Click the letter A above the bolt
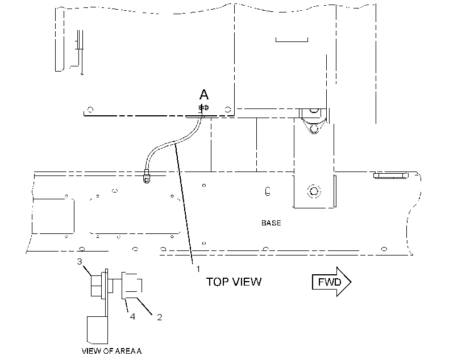point(204,94)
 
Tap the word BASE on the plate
point(271,223)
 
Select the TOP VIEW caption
point(234,282)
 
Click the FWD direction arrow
point(331,282)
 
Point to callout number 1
point(198,269)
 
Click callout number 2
point(160,317)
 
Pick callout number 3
point(80,261)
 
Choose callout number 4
point(132,317)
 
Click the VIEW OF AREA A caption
point(111,351)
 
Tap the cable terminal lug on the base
point(146,176)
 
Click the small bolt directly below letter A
point(203,107)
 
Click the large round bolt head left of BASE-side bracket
point(314,191)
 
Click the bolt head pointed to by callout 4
point(131,286)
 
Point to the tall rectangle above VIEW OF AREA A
point(97,330)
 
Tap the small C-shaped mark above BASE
point(268,191)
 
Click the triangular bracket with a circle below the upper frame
point(314,121)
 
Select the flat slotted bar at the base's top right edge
point(390,175)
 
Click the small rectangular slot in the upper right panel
point(292,40)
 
